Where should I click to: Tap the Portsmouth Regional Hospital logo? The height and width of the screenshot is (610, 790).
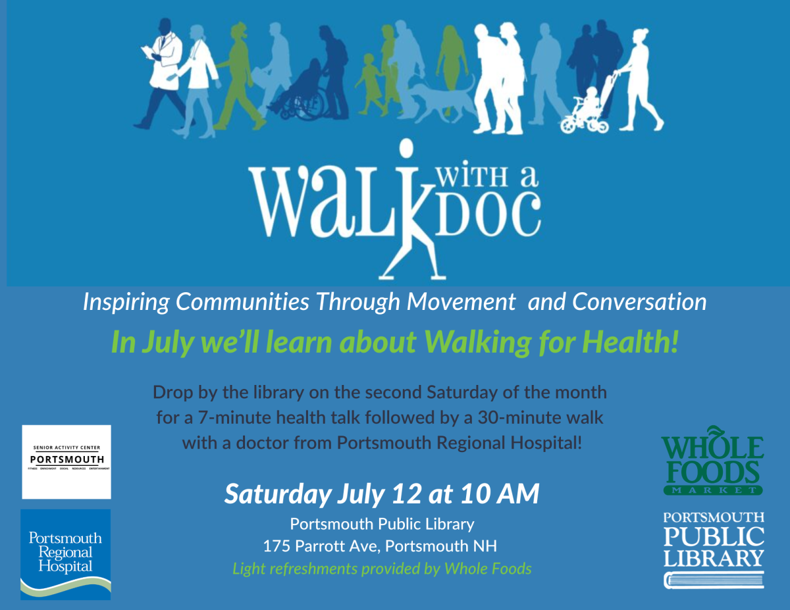(x=65, y=554)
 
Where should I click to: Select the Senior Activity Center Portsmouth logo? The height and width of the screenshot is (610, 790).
(x=66, y=461)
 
